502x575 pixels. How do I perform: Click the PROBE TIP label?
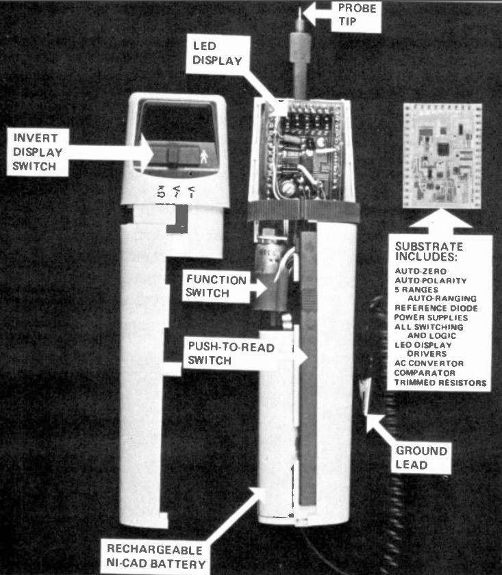[x=357, y=14]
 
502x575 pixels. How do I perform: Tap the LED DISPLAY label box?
[x=218, y=54]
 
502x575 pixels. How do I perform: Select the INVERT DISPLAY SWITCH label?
[x=38, y=152]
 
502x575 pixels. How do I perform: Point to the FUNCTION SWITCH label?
[x=216, y=286]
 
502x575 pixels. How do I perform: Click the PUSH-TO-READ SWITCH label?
[x=230, y=353]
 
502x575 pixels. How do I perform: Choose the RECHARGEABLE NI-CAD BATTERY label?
[x=155, y=557]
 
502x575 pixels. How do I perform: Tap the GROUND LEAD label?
[x=421, y=458]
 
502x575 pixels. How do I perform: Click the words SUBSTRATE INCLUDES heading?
[x=429, y=252]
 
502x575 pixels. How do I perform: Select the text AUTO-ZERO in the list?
[x=421, y=271]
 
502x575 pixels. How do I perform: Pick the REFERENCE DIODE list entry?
[x=436, y=308]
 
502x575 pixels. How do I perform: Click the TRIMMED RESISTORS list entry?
[x=440, y=383]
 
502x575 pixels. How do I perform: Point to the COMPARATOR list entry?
[x=425, y=373]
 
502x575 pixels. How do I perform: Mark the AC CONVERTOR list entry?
[x=429, y=363]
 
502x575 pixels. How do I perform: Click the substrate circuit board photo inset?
[x=442, y=156]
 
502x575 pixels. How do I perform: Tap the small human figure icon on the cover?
[x=204, y=157]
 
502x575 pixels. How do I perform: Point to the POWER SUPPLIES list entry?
[x=431, y=318]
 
